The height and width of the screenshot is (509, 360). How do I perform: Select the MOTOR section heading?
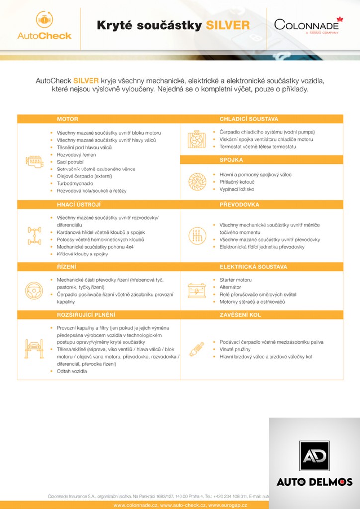pyautogui.click(x=67, y=119)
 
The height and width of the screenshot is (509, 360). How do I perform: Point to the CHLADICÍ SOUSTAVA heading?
pyautogui.click(x=249, y=119)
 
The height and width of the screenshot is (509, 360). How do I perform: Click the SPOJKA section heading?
pyautogui.click(x=231, y=160)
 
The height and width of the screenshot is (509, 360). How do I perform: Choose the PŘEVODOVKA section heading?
pyautogui.click(x=239, y=205)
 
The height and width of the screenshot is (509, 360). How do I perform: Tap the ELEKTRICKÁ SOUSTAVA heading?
pyautogui.click(x=253, y=267)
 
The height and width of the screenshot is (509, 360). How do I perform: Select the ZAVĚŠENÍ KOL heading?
pyautogui.click(x=240, y=315)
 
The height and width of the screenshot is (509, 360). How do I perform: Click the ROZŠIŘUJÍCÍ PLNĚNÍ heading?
pyautogui.click(x=86, y=315)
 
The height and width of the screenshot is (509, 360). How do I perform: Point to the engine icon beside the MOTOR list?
pyautogui.click(x=34, y=162)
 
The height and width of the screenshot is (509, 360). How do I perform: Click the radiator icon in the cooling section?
pyautogui.click(x=197, y=140)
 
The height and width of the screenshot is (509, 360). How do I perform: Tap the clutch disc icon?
pyautogui.click(x=197, y=182)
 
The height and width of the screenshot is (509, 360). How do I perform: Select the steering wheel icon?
pyautogui.click(x=34, y=290)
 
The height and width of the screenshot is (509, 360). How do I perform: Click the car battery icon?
pyautogui.click(x=197, y=290)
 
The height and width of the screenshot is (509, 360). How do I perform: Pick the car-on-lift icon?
pyautogui.click(x=34, y=349)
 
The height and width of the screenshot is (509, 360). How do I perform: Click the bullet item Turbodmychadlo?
pyautogui.click(x=75, y=183)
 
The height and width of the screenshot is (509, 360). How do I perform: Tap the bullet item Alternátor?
pyautogui.click(x=230, y=287)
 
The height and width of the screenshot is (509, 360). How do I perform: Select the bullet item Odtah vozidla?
pyautogui.click(x=72, y=371)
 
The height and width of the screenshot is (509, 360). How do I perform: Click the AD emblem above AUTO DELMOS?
pyautogui.click(x=314, y=456)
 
